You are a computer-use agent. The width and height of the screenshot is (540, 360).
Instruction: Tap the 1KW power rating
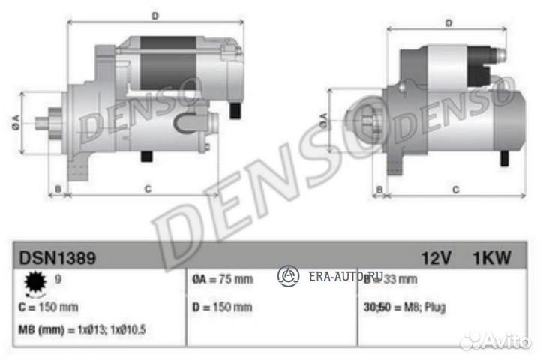491,258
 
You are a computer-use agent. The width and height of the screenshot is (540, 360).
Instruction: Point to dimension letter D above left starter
154,15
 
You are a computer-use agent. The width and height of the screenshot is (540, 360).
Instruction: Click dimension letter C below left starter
148,189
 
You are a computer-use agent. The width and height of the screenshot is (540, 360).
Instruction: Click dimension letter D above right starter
448,22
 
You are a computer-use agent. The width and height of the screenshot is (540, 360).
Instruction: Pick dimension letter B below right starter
379,190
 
